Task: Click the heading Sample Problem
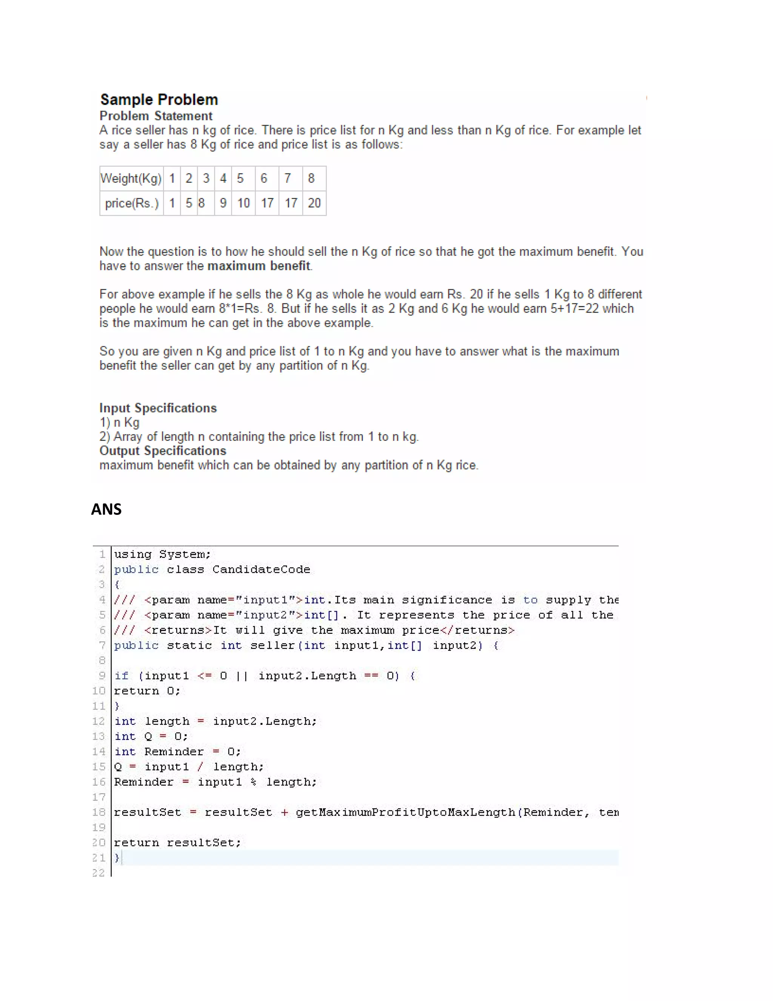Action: tap(159, 99)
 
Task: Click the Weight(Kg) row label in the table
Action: tap(131, 178)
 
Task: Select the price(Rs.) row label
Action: tap(132, 203)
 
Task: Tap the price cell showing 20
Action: tap(314, 203)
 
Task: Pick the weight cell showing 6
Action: tap(264, 178)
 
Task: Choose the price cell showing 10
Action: tap(243, 203)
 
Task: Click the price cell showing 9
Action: tap(223, 203)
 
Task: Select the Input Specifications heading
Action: tap(158, 408)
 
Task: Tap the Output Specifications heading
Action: tap(163, 451)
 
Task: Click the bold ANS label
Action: tap(106, 509)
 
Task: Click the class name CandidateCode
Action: tap(261, 570)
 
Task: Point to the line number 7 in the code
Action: tap(102, 645)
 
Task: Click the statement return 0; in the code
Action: tap(147, 691)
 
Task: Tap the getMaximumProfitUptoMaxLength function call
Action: tap(405, 813)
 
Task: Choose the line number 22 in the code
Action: tap(99, 873)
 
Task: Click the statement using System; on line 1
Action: tap(162, 555)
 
